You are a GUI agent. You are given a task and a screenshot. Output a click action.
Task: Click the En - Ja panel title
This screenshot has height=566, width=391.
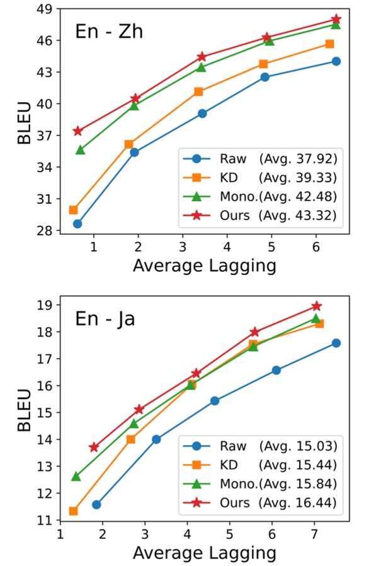[x=105, y=318]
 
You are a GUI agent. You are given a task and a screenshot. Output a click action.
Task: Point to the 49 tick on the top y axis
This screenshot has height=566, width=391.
[x=45, y=9]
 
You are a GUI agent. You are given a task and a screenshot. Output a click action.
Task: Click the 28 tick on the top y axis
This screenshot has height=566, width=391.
[x=45, y=231]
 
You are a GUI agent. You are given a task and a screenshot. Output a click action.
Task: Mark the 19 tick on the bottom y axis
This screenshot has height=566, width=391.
[x=45, y=305]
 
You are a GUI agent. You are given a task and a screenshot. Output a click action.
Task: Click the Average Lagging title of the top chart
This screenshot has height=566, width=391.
[x=204, y=265]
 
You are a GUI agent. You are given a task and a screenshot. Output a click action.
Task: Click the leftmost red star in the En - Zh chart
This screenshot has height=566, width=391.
[x=78, y=131]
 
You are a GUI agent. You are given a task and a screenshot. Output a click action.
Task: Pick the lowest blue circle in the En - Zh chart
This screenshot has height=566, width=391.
[x=77, y=224]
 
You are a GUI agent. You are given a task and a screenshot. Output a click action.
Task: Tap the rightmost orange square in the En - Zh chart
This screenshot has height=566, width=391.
[x=329, y=44]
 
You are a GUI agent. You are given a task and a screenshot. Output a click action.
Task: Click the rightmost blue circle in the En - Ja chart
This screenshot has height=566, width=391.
[x=336, y=343]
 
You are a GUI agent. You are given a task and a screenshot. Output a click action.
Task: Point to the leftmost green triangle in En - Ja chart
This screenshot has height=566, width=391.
[x=76, y=476]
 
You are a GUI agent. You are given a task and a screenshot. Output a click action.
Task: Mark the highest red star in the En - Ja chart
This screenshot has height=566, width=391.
[x=317, y=306]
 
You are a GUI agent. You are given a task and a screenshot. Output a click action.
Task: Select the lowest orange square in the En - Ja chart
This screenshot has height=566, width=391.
[x=74, y=511]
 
